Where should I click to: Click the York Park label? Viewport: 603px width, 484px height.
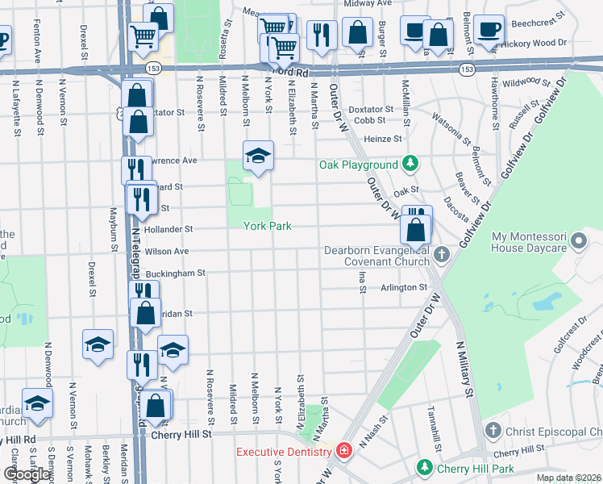click(x=267, y=227)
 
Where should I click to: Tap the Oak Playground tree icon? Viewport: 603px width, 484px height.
click(x=411, y=165)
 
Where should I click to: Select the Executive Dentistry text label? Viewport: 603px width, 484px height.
click(x=284, y=451)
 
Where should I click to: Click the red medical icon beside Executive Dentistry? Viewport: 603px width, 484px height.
click(x=344, y=450)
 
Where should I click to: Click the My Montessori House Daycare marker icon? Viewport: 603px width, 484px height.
click(x=577, y=241)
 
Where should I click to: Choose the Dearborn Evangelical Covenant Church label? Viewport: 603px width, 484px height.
click(x=376, y=256)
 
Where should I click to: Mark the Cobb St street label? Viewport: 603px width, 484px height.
click(x=371, y=120)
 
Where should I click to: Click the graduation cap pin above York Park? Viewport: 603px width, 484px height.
click(x=259, y=155)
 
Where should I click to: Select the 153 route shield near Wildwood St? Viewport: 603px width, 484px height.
click(x=467, y=71)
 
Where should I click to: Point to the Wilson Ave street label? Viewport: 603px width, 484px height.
click(x=167, y=252)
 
